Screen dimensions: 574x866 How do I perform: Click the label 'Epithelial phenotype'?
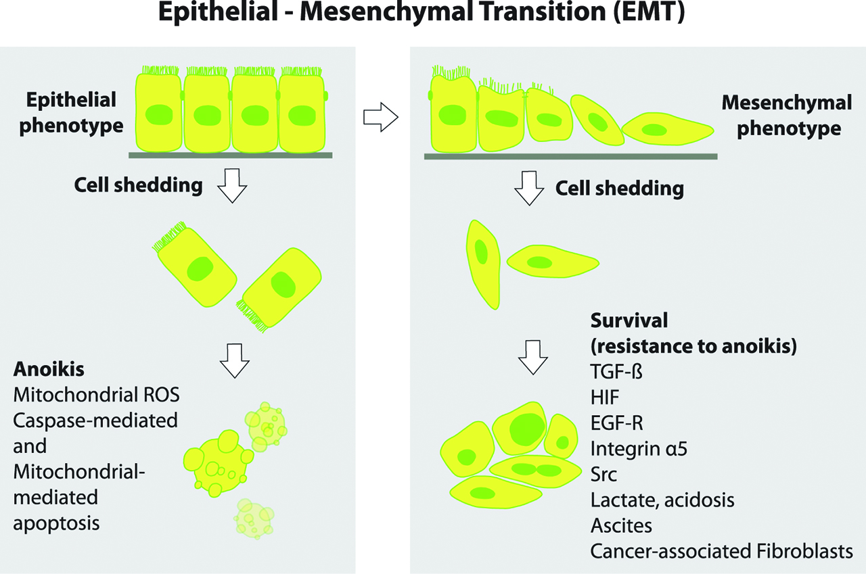tap(72, 113)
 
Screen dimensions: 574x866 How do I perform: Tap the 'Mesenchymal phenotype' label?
tap(786, 115)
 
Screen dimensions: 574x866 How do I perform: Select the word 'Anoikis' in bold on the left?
tap(43, 370)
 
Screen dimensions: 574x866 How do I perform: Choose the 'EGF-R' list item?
tap(616, 423)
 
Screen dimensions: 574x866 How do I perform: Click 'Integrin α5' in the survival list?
tap(639, 448)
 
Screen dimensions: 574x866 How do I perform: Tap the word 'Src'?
tap(603, 474)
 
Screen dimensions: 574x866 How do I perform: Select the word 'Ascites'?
tap(621, 525)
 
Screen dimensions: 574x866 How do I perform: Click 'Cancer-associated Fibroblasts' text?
tap(721, 550)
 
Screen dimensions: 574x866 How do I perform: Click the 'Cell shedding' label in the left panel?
tap(138, 185)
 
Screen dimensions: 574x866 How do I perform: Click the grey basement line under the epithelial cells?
tap(230, 155)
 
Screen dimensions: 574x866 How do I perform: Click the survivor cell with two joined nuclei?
tap(535, 469)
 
